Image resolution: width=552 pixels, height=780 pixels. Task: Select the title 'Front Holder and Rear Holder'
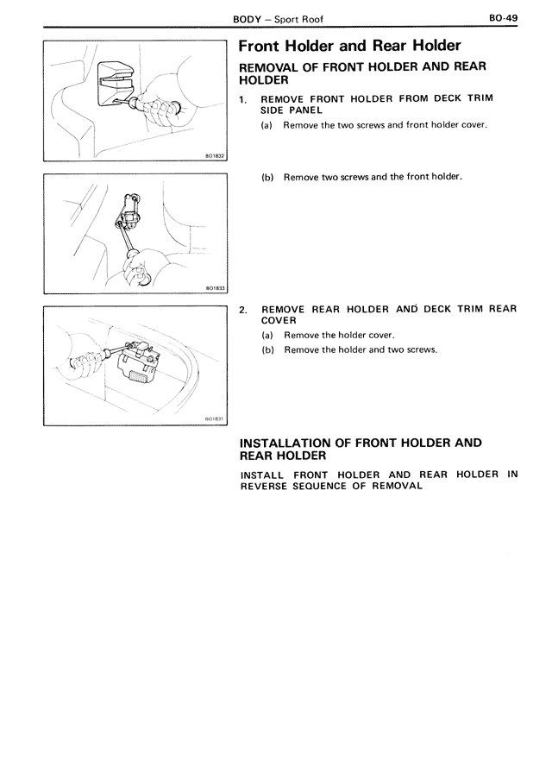point(349,46)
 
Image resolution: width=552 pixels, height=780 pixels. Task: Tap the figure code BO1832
point(214,156)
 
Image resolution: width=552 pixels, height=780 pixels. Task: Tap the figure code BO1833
point(214,288)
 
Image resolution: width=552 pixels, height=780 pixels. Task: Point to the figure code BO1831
point(214,419)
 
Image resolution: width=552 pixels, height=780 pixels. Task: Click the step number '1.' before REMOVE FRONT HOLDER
point(244,98)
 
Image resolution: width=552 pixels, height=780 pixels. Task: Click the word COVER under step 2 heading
point(279,320)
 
